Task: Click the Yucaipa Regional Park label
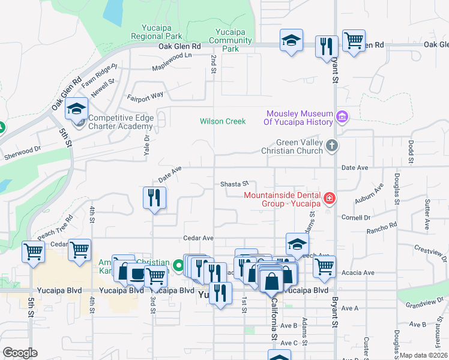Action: (157, 32)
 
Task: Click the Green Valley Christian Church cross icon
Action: (331, 146)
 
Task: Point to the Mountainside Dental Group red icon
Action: (329, 197)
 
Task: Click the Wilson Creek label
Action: (223, 121)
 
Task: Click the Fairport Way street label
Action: (145, 96)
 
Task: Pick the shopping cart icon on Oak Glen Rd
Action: (354, 41)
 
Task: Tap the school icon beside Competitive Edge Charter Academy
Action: (77, 110)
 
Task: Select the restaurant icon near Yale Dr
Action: (154, 196)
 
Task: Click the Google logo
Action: (20, 353)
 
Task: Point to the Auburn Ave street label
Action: (369, 195)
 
